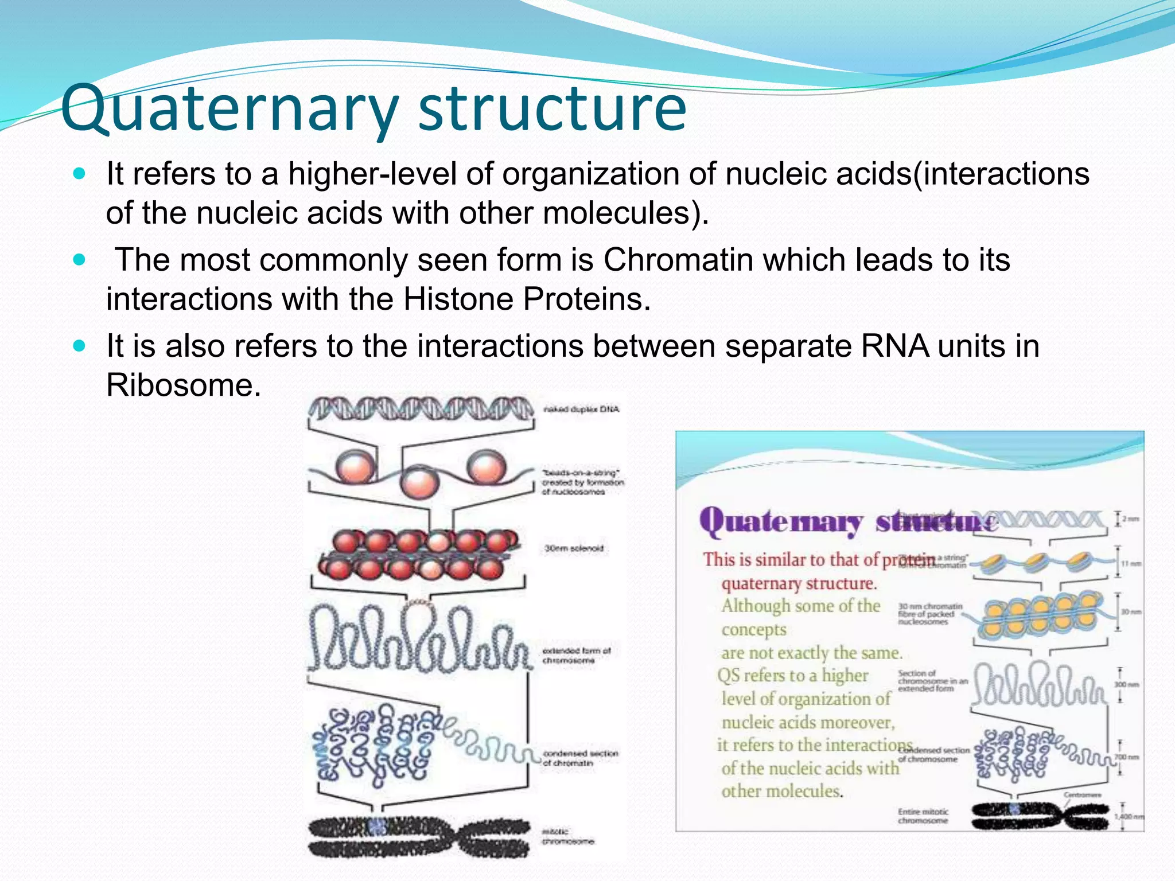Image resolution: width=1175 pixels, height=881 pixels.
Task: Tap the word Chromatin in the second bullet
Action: tap(678, 260)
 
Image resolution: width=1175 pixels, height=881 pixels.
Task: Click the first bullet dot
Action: tap(80, 173)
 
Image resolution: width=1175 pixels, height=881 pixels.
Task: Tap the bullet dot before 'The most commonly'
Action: tap(80, 260)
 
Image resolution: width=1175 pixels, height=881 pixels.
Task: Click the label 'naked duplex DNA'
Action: tap(581, 410)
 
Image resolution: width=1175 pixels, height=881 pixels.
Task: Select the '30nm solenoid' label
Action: tap(574, 548)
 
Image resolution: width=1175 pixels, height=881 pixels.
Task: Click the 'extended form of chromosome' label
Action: tap(576, 656)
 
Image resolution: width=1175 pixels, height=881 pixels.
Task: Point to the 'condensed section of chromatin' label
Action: tap(579, 758)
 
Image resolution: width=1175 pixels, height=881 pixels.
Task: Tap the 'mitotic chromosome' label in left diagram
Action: tap(568, 836)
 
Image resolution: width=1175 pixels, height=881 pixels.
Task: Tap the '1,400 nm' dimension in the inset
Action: tap(1128, 816)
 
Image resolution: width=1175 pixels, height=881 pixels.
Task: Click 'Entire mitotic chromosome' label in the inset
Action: tap(923, 816)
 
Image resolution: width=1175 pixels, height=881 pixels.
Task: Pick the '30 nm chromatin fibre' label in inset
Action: tap(929, 614)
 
